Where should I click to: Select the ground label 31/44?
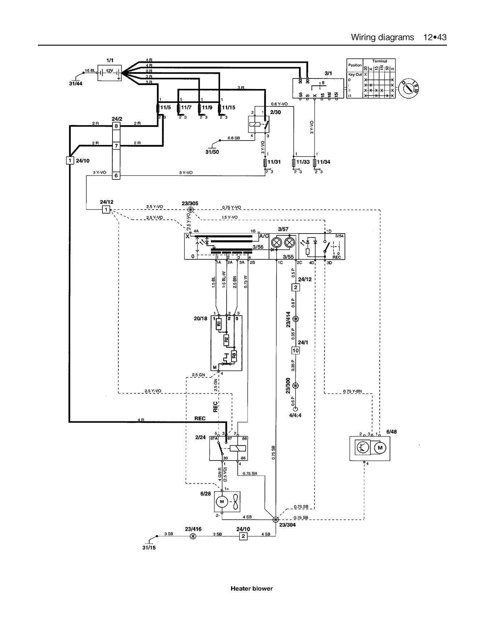76,84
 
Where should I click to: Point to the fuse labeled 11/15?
220,108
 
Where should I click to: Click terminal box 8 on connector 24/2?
116,126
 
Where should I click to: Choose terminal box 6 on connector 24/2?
116,175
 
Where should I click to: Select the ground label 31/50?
212,152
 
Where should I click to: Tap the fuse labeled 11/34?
315,162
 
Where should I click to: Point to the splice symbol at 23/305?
190,210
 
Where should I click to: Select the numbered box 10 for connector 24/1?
296,350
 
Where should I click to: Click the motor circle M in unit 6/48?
380,447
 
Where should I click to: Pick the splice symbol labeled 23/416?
193,536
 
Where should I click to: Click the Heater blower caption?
251,588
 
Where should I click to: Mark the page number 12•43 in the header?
435,37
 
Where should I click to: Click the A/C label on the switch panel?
263,236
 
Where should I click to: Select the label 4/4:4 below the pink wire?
295,415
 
